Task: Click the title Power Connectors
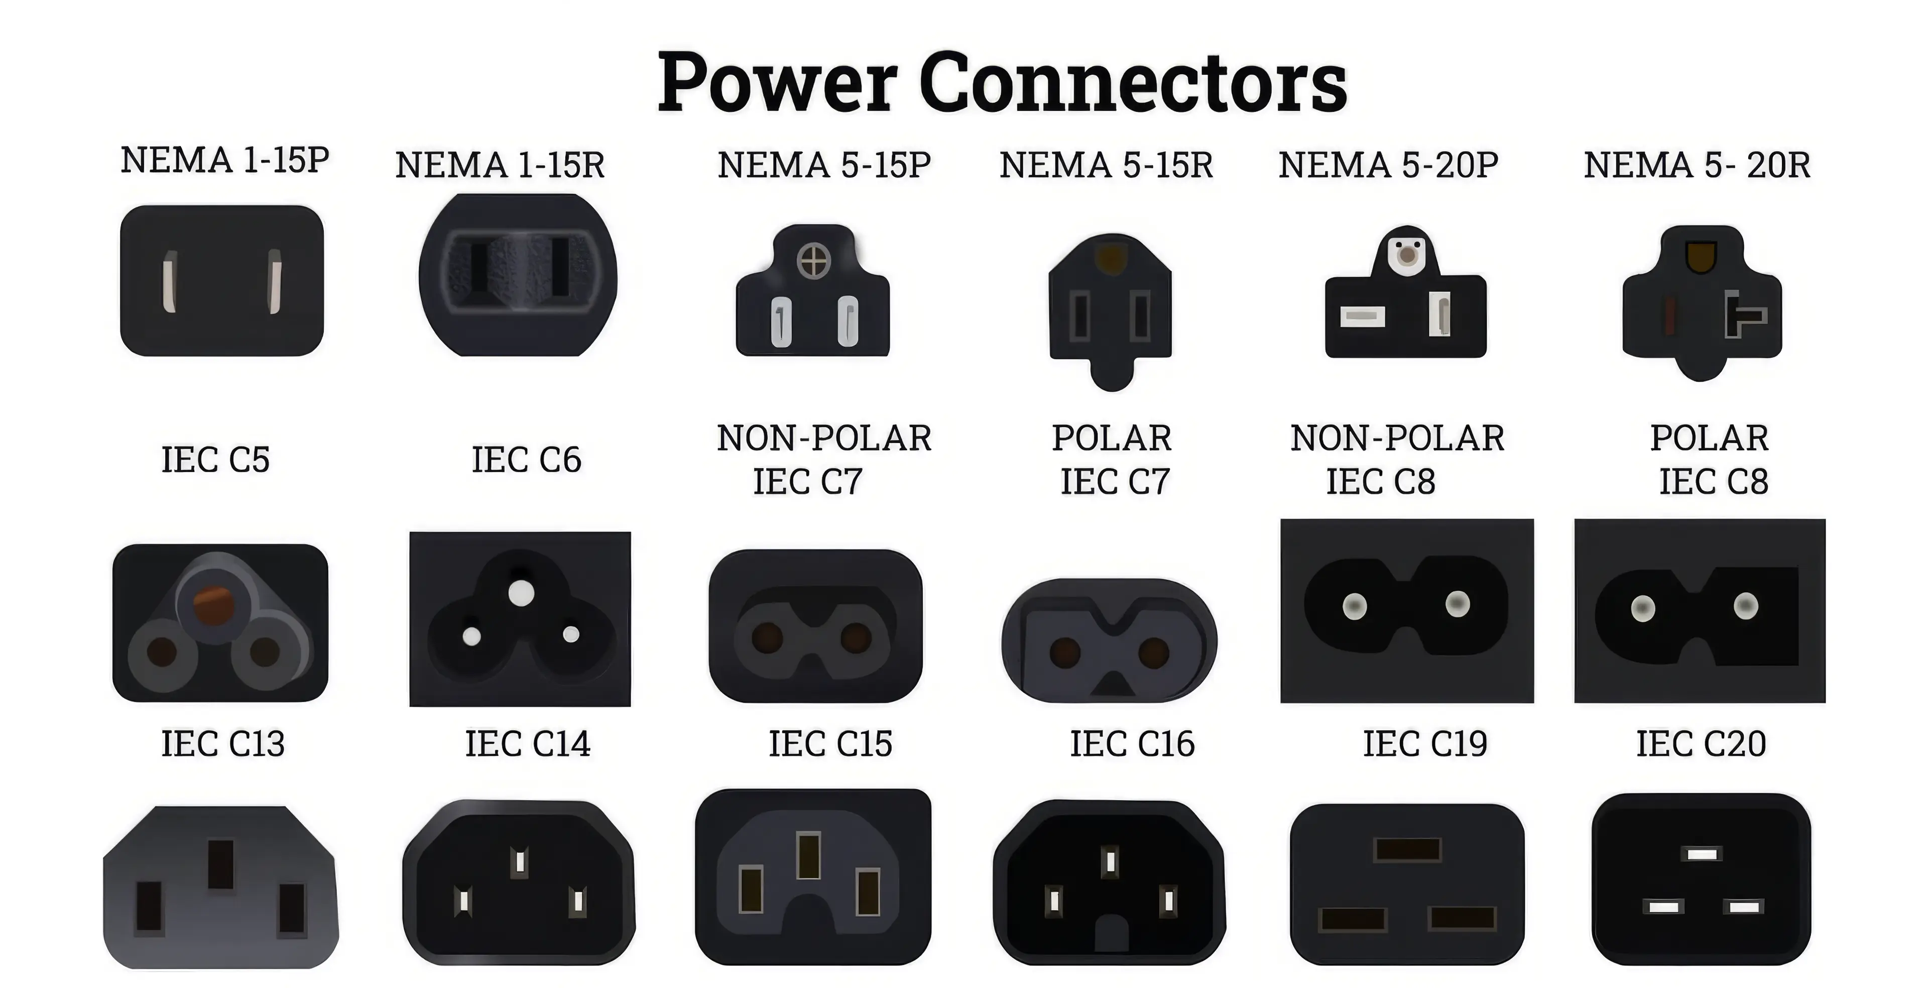pos(1002,82)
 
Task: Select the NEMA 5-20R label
pos(1697,165)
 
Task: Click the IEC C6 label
pos(526,460)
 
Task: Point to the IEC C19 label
pos(1425,744)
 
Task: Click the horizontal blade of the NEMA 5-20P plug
pos(1362,316)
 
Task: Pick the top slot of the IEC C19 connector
pos(1408,849)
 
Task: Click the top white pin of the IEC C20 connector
pos(1701,854)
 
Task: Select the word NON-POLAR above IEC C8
pos(1397,438)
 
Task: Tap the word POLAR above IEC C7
pos(1112,438)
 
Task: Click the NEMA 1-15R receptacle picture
pos(518,275)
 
